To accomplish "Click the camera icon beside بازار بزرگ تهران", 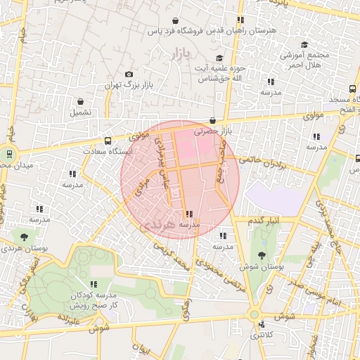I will [129, 75].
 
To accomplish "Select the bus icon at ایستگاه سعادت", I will [108, 140].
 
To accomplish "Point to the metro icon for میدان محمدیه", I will [10, 154].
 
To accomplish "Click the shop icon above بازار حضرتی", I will [212, 121].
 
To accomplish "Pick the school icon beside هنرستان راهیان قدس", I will [240, 20].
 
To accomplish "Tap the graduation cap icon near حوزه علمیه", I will [219, 58].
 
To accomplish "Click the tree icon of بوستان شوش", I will [262, 256].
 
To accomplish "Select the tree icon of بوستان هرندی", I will [25, 237].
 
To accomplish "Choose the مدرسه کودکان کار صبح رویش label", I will [93, 301].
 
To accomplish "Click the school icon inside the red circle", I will [188, 214].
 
